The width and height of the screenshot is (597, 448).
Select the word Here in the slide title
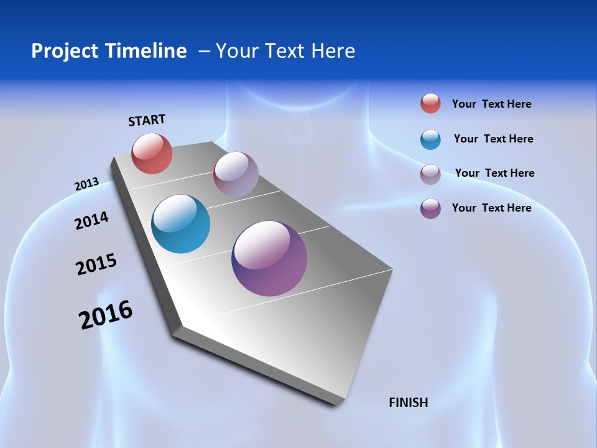[333, 51]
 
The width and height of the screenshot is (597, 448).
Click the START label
[147, 120]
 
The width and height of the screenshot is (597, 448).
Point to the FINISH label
[408, 403]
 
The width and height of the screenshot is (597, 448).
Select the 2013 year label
[86, 184]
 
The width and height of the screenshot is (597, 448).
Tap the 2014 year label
[91, 221]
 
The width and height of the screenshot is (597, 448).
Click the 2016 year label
[106, 315]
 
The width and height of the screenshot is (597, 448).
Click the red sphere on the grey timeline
[152, 153]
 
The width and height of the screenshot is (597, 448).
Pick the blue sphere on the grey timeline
[180, 224]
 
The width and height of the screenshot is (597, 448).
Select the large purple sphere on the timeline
[269, 258]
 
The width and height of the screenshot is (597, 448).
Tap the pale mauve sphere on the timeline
[236, 174]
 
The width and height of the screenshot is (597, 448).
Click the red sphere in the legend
[430, 104]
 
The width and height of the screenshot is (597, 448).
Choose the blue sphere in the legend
[430, 139]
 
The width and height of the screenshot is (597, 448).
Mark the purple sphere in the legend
[430, 208]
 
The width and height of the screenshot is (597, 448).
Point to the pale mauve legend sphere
[430, 174]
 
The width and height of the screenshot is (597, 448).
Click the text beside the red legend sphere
[491, 104]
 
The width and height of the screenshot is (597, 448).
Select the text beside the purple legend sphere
[491, 208]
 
